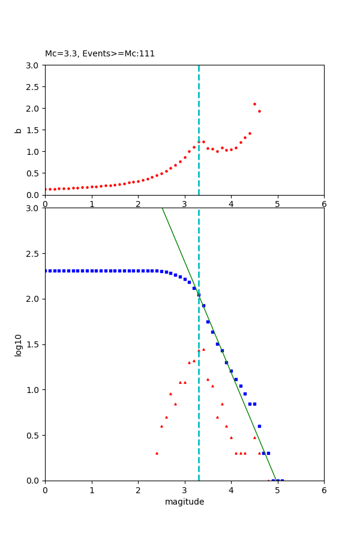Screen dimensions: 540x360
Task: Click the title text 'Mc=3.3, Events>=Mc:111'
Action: [100, 53]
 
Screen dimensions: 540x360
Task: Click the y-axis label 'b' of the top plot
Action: [19, 130]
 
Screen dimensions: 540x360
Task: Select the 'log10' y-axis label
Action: [19, 345]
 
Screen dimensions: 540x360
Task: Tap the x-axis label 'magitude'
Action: [184, 502]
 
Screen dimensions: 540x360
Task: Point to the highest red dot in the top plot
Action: [254, 104]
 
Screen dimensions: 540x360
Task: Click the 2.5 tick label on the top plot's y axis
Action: [33, 87]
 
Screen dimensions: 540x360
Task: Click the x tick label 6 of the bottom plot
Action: [324, 490]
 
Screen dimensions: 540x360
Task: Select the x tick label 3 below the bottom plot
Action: [184, 490]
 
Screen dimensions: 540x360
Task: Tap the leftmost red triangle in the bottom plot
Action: [157, 453]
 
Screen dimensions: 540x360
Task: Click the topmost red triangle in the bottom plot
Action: [203, 349]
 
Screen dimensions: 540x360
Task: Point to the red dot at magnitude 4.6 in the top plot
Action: [259, 111]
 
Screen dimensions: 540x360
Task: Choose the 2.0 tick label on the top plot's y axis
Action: [33, 109]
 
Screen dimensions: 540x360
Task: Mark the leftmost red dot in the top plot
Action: [45, 190]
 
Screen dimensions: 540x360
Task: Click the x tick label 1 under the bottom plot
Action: [91, 490]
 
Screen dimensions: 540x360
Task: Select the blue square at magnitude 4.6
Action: [259, 426]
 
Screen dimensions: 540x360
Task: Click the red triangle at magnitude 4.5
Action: [254, 437]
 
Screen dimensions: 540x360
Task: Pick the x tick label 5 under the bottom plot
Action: [277, 490]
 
